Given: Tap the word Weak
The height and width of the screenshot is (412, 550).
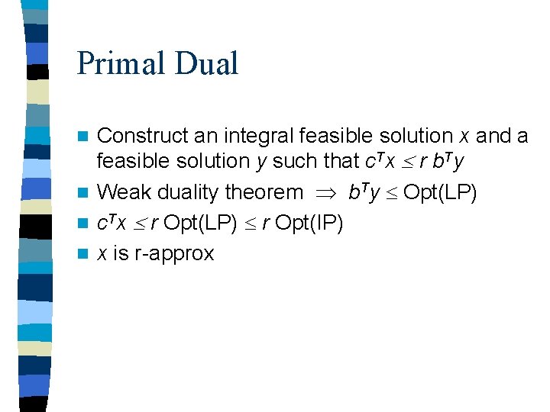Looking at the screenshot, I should (124, 193).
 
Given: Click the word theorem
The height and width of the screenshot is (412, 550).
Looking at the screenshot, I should (267, 193).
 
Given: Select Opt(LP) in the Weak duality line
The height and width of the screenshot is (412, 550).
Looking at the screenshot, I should (441, 193).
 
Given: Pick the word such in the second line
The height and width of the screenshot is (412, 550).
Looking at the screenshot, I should (293, 161).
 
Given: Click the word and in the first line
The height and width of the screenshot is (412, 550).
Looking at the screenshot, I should (493, 136).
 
